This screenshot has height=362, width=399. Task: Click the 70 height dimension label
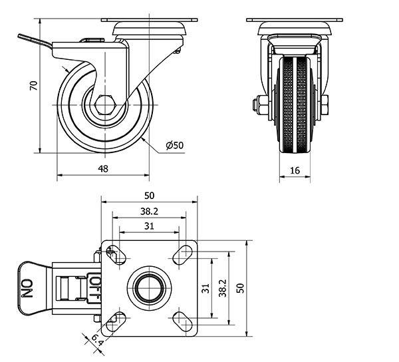(32, 85)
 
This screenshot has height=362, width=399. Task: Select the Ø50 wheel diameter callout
(174, 144)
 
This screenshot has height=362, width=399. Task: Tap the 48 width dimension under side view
(103, 169)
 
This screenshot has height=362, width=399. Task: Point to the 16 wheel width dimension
(295, 170)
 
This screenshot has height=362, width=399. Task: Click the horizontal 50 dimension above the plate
(149, 196)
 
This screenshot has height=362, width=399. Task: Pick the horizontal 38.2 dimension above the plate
(149, 211)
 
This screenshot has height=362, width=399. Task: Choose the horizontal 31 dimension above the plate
(149, 226)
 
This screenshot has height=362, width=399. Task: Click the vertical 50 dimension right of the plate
(240, 287)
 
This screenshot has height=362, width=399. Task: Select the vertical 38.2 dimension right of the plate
(224, 287)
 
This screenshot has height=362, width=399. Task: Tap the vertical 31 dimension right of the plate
(206, 288)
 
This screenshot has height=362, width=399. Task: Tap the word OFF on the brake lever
(94, 287)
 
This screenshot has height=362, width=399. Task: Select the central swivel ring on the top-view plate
(149, 287)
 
